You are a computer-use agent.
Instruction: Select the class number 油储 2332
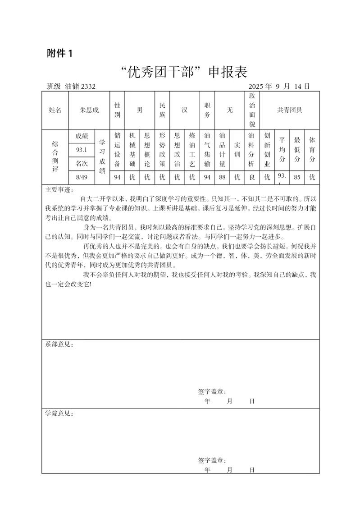pyautogui.click(x=80, y=87)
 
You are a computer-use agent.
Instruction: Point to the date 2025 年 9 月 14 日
pyautogui.click(x=278, y=87)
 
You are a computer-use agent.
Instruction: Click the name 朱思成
pyautogui.click(x=89, y=110)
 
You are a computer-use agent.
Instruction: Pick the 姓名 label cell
pyautogui.click(x=55, y=110)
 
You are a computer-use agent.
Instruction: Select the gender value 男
pyautogui.click(x=140, y=110)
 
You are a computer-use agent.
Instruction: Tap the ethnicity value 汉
pyautogui.click(x=185, y=110)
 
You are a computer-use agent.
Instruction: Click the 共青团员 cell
pyautogui.click(x=290, y=110)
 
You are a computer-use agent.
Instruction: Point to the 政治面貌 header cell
pyautogui.click(x=252, y=110)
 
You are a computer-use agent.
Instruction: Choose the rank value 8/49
pyautogui.click(x=82, y=177)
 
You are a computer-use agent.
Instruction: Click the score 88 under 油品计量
pyautogui.click(x=222, y=177)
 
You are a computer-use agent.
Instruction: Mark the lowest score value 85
pyautogui.click(x=297, y=177)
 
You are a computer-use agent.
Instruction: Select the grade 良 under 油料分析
pyautogui.click(x=252, y=177)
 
